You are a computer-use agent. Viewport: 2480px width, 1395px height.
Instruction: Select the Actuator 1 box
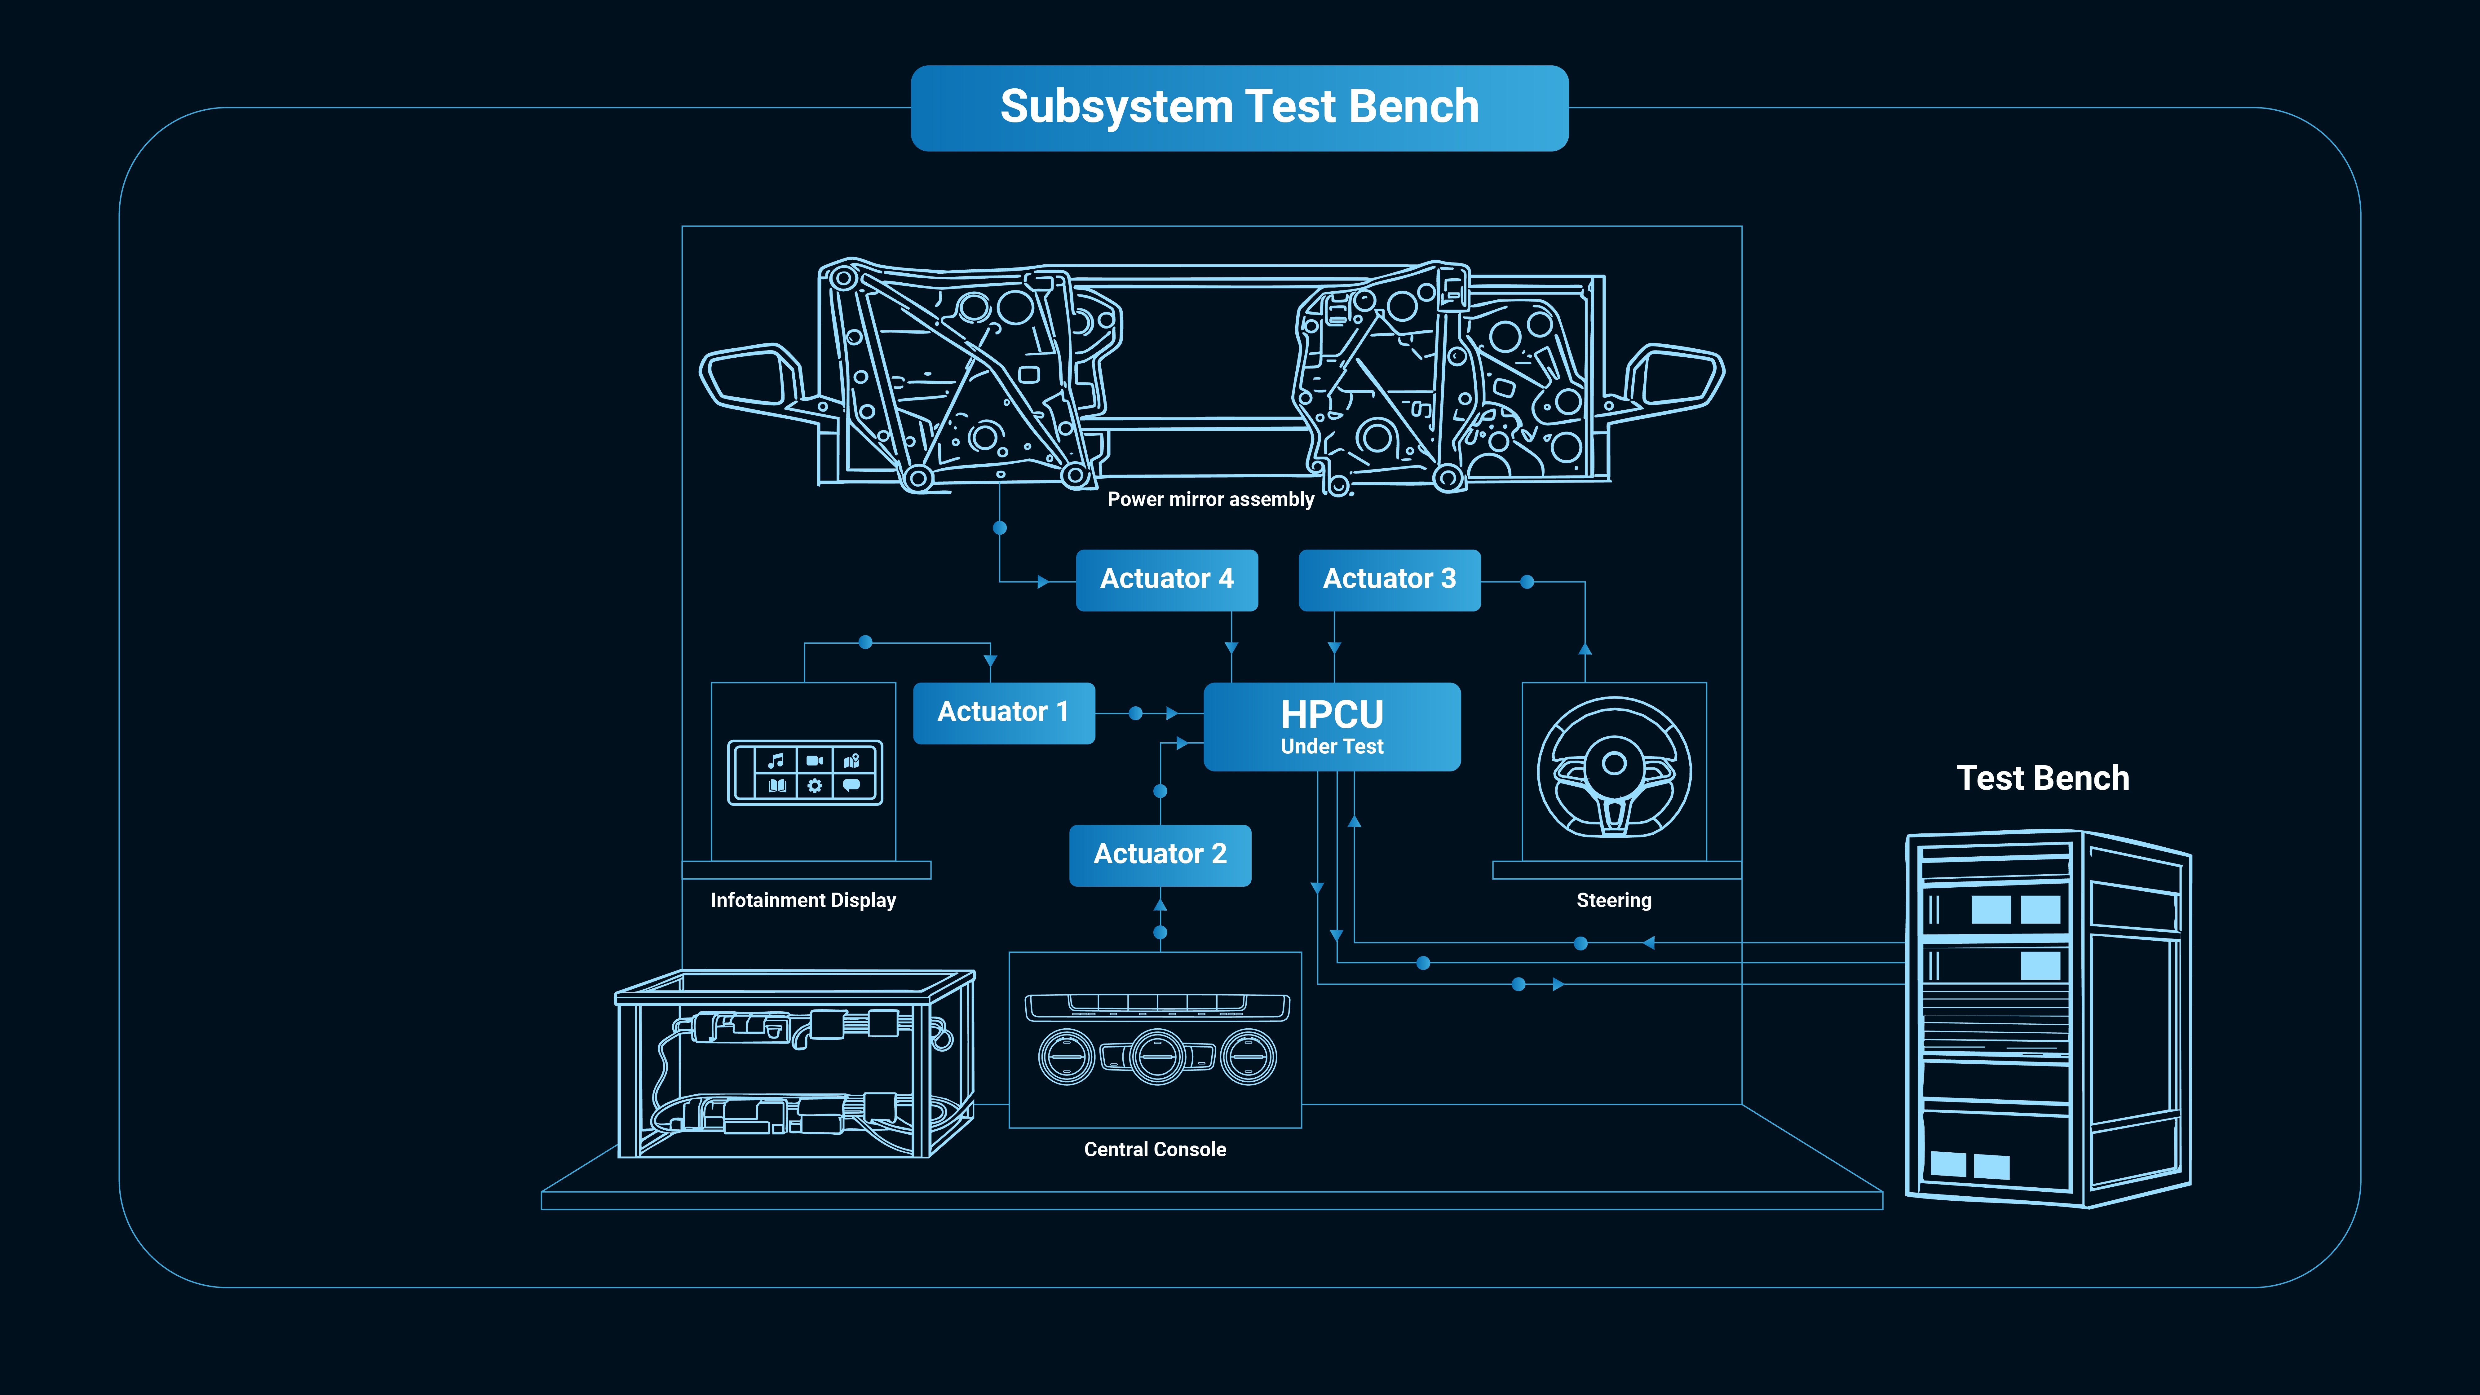1003,713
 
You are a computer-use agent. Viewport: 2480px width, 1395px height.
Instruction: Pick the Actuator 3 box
1389,580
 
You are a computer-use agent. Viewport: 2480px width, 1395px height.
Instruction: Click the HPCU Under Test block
1332,727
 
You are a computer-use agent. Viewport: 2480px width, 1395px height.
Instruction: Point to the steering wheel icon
1614,767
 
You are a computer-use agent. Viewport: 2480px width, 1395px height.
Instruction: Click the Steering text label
1614,900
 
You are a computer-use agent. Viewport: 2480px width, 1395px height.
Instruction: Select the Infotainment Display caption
803,900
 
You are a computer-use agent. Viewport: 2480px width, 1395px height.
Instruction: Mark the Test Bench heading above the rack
2043,778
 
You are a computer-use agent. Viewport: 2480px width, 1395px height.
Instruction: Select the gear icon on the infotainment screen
815,786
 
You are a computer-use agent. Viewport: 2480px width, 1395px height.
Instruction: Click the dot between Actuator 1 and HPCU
1136,713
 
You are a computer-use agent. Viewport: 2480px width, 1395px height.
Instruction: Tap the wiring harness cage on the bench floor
794,1064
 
